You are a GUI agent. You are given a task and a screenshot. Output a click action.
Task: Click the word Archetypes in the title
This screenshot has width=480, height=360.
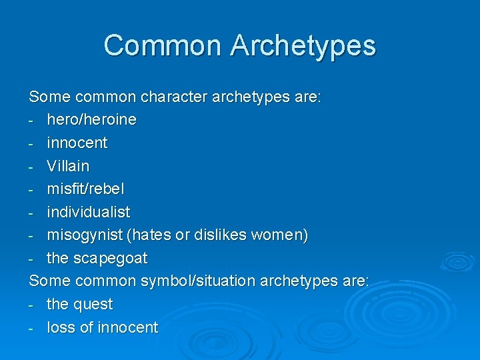[x=303, y=46]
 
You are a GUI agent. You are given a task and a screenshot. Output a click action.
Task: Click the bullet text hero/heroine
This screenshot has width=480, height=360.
[x=91, y=120]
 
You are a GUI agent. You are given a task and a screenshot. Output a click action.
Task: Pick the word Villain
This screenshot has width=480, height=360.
[x=67, y=166]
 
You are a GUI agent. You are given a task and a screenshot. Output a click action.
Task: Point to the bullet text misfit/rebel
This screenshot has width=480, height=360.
[x=85, y=189]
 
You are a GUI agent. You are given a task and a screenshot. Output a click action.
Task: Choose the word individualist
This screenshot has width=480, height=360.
[x=89, y=212]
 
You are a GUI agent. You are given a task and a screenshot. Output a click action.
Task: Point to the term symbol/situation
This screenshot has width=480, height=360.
[x=197, y=281]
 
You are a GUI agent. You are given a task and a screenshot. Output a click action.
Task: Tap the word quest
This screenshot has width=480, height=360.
[x=92, y=305]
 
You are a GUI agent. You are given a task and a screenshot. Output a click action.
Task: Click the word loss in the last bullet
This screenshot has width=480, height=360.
[x=60, y=327]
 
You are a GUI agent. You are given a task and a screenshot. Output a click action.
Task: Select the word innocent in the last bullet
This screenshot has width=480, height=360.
[x=127, y=327]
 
